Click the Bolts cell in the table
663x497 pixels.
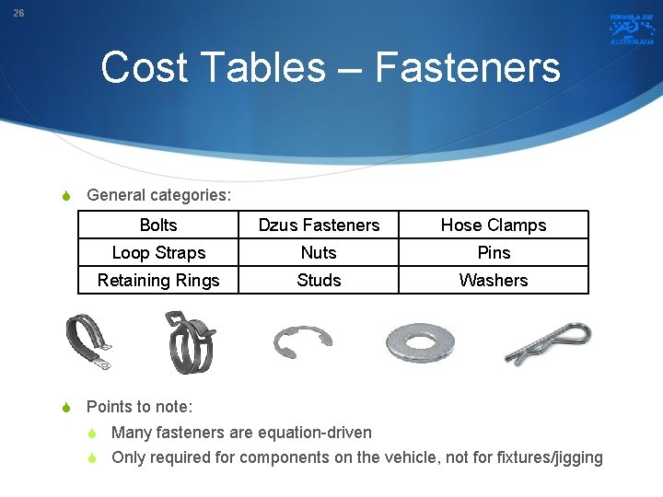coord(158,225)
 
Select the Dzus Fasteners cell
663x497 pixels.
coord(319,225)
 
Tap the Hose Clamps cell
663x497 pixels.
coord(494,225)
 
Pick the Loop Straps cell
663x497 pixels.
coord(158,253)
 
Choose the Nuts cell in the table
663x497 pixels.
coord(319,253)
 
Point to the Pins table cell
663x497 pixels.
coord(494,253)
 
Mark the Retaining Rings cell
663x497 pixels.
coord(158,281)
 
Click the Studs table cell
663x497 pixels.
coord(319,281)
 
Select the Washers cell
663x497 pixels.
coord(494,281)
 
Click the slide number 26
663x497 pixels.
coord(19,14)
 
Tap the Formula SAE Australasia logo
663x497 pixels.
coord(631,29)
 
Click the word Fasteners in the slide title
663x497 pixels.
coord(468,67)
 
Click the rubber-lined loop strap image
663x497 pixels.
coord(88,341)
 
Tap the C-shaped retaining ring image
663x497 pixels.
coord(302,341)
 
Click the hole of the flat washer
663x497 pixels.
coord(420,342)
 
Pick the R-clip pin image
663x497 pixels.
coord(548,342)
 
